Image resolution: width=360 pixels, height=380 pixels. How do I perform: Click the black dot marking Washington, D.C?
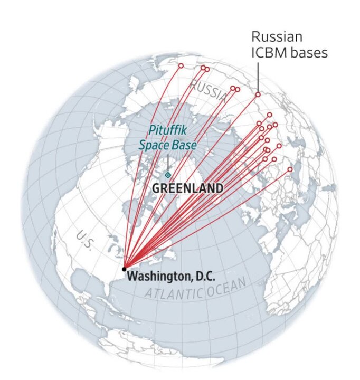click(124, 269)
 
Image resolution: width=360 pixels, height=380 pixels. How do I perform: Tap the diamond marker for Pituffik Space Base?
click(168, 175)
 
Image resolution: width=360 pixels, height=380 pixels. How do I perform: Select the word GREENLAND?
click(187, 188)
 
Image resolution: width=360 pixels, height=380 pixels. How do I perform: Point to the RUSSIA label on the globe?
click(208, 91)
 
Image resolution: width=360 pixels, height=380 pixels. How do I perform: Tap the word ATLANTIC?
click(174, 293)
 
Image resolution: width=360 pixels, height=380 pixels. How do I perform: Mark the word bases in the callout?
click(308, 53)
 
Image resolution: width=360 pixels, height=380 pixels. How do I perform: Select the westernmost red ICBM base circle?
click(181, 66)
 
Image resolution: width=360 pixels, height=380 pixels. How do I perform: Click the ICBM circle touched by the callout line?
click(258, 94)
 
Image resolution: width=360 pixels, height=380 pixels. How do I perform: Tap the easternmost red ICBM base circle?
click(290, 169)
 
